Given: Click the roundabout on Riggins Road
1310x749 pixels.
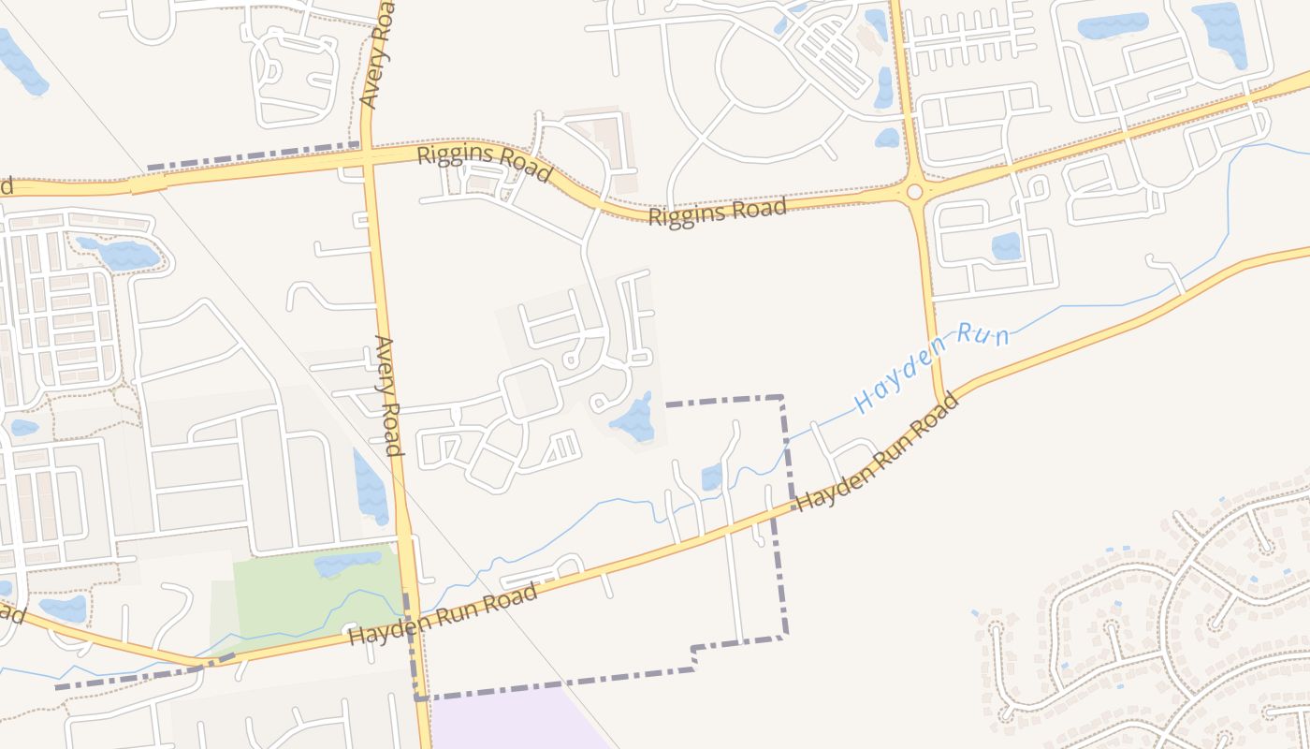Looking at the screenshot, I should pos(914,192).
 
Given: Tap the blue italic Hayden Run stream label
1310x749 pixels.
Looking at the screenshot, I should pos(932,366).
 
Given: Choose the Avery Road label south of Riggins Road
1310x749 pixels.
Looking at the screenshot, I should pos(389,395).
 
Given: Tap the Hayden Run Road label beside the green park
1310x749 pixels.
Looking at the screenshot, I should pos(443,615).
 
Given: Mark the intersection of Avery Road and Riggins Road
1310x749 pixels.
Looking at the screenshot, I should pos(367,160).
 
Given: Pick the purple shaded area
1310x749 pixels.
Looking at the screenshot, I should pos(515,721).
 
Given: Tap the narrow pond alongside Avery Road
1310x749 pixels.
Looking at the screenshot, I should pos(371,487).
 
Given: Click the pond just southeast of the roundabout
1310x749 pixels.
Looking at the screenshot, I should pos(1006,246).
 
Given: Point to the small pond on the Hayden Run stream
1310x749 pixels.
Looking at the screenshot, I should pos(711,477).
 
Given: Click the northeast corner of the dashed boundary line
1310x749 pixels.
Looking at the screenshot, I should pos(781,398).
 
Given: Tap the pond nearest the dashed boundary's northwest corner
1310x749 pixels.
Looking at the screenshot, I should pos(633,419).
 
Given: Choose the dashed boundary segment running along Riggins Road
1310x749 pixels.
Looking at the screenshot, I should pos(253,155).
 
